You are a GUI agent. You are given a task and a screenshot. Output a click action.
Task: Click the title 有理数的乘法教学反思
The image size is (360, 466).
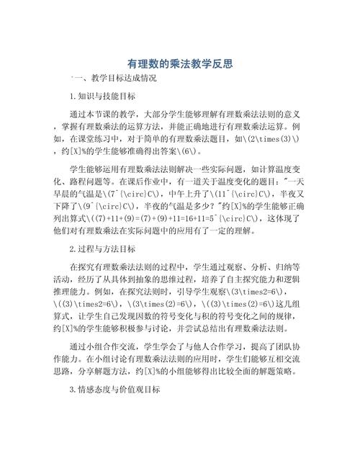179,63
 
